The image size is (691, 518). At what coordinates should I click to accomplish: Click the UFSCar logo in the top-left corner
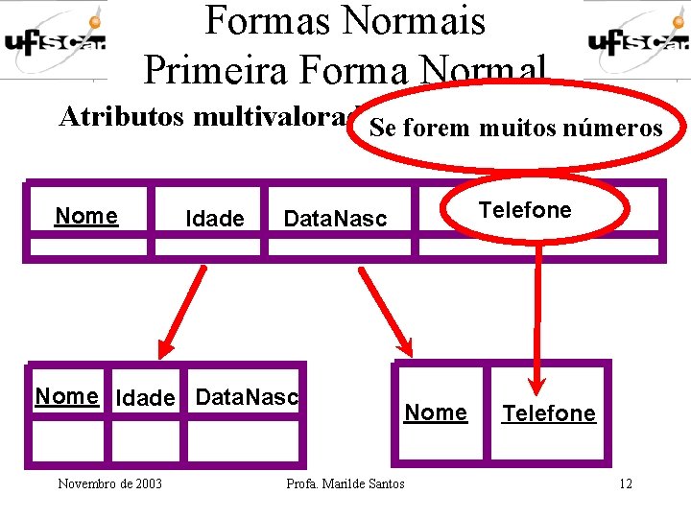point(54,40)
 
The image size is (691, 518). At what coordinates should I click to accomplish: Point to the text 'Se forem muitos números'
point(516,128)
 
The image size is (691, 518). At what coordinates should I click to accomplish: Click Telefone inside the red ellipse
point(525,210)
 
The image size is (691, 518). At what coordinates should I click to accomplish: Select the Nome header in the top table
point(86,216)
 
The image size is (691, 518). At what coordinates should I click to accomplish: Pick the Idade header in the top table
point(214,219)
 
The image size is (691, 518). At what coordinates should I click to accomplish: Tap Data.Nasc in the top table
point(335,219)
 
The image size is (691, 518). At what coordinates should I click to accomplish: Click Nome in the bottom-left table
point(66,396)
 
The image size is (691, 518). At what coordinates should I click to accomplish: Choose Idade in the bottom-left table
point(145,398)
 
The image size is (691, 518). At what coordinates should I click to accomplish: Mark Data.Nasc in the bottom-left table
point(247,396)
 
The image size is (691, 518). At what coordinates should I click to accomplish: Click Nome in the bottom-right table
point(436,412)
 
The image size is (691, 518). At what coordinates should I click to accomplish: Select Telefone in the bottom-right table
point(549,413)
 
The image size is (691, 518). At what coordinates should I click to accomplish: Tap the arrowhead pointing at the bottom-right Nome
point(403,347)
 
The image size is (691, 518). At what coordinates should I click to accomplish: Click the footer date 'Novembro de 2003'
point(109,483)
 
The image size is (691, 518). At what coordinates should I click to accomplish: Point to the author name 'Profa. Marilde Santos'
point(345,483)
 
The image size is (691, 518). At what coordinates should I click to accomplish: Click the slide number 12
point(625,483)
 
